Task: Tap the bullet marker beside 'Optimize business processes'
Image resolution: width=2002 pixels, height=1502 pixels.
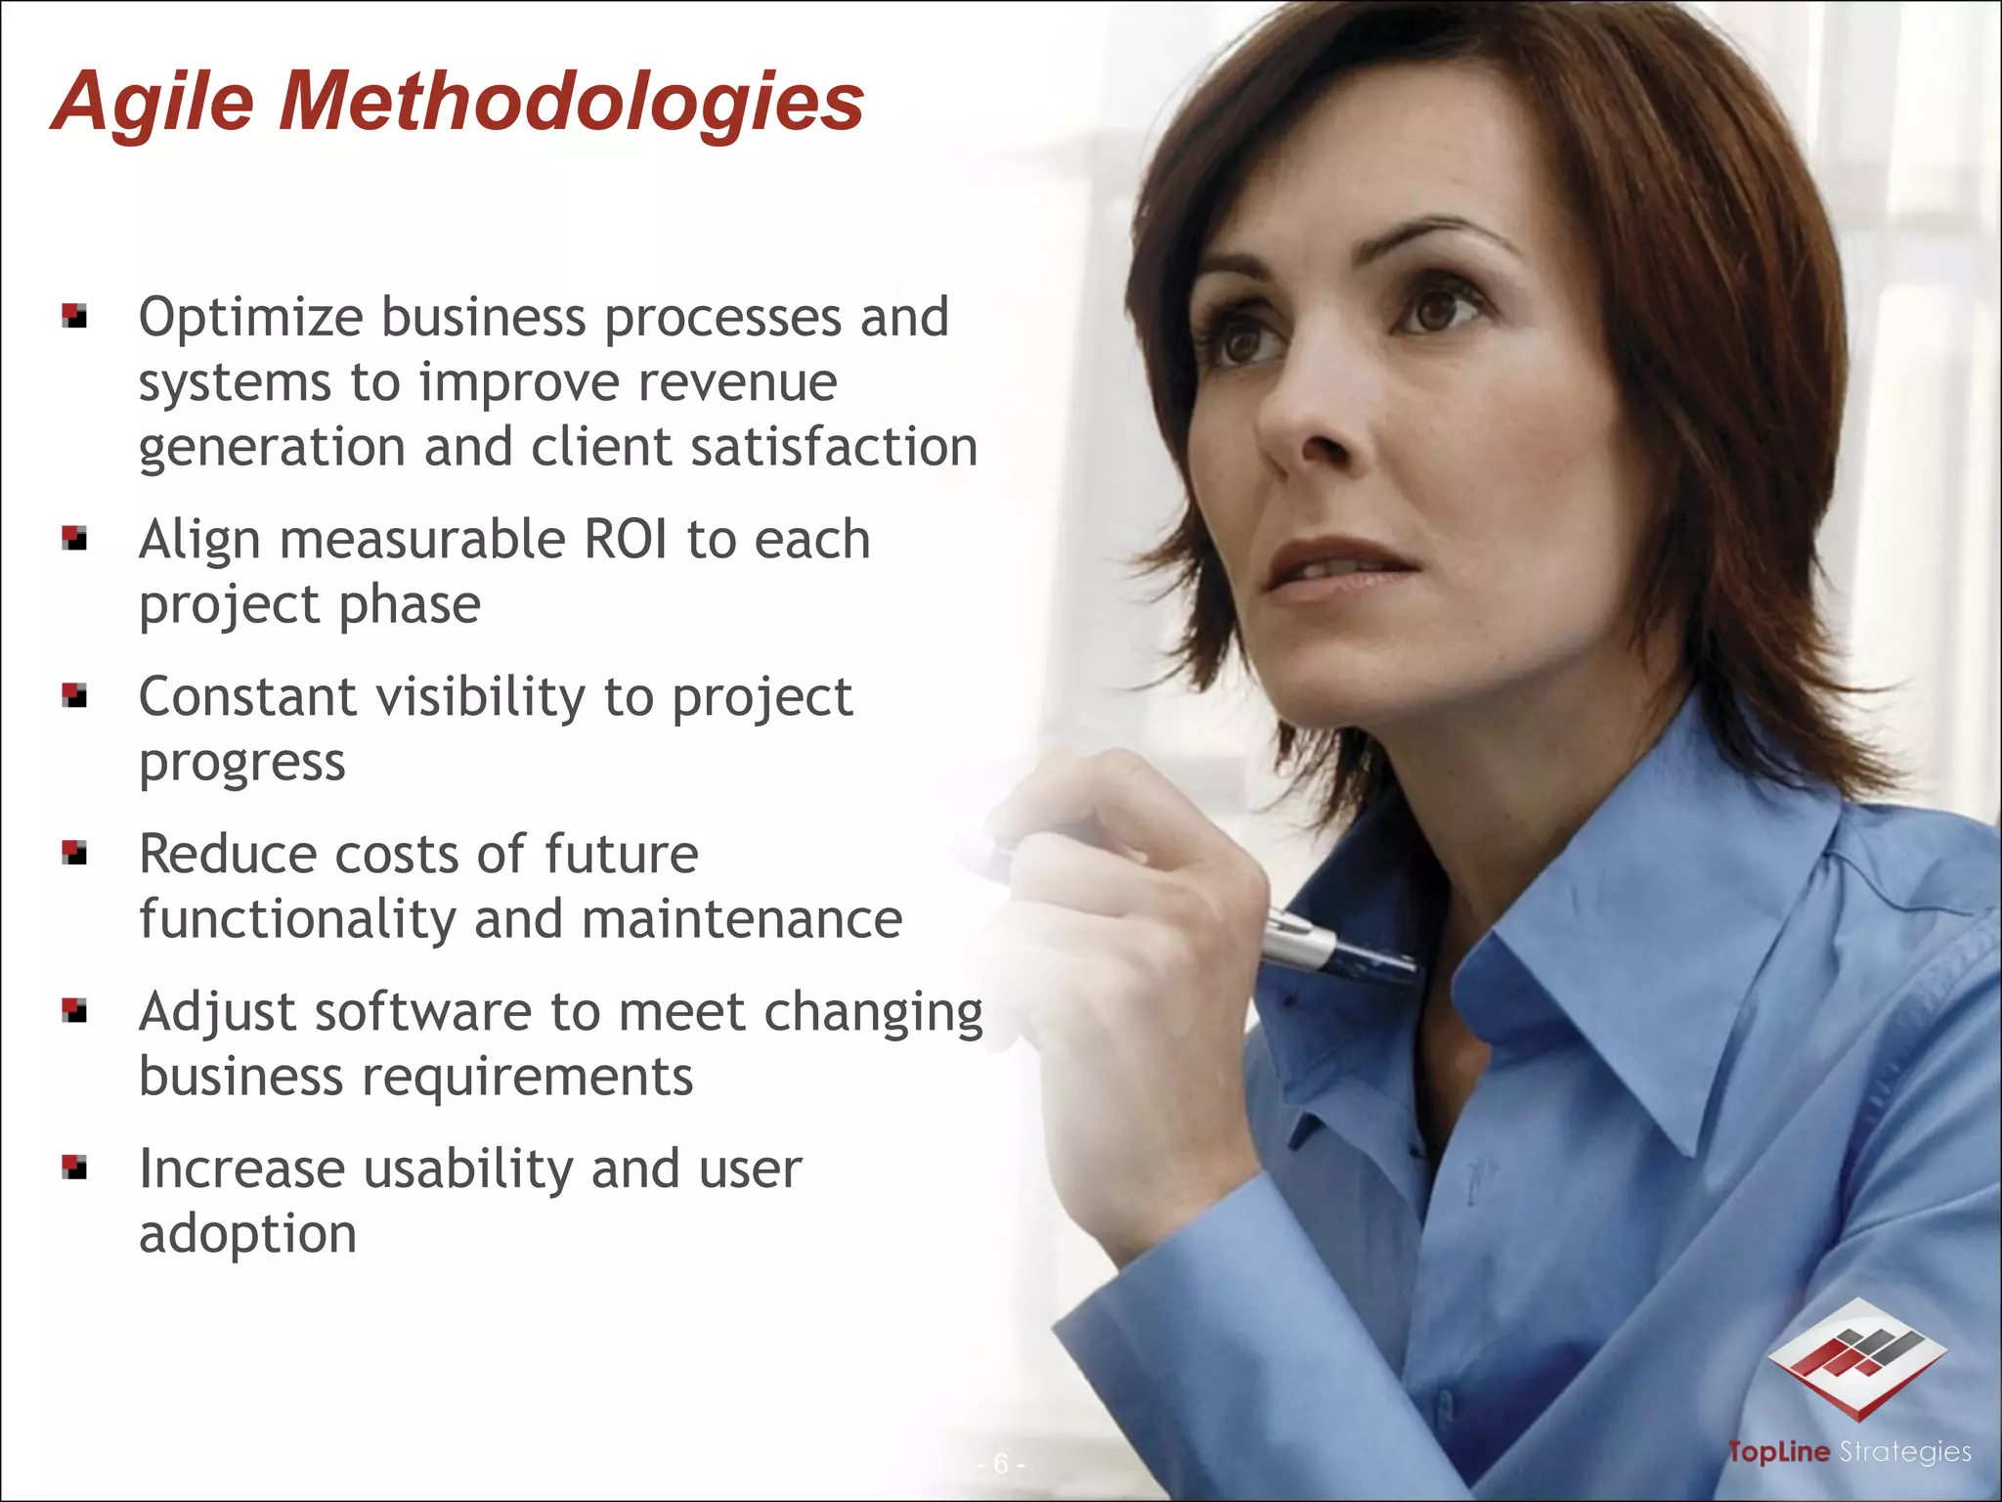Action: click(x=74, y=316)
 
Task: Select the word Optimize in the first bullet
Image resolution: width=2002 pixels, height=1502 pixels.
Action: click(x=251, y=319)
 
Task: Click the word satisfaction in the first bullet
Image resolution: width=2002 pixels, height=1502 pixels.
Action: click(x=834, y=448)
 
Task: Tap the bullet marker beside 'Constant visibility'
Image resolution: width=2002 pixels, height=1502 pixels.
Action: click(x=74, y=695)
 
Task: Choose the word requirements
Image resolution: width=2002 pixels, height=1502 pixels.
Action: click(x=528, y=1078)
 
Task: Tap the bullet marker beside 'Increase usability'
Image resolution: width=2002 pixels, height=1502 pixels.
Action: click(x=74, y=1168)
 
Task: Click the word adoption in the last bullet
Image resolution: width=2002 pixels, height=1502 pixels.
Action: click(x=248, y=1234)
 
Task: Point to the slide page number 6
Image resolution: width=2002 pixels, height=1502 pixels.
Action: click(x=1000, y=1464)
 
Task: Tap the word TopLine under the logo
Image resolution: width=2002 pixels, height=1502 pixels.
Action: click(x=1778, y=1452)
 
